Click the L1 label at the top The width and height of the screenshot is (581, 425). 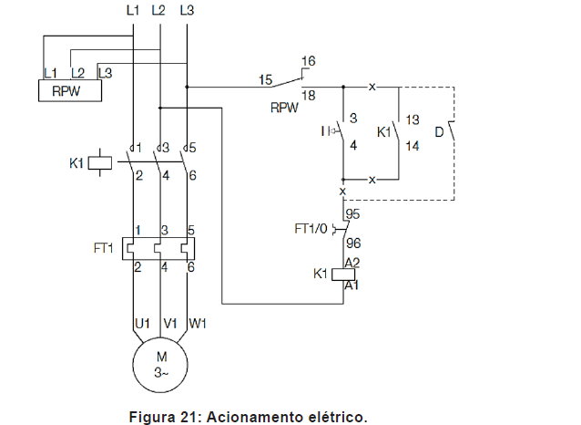click(x=133, y=11)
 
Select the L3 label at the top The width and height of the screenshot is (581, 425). click(x=188, y=11)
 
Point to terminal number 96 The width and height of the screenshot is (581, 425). click(x=352, y=244)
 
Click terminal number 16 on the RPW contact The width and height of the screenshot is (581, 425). click(x=308, y=61)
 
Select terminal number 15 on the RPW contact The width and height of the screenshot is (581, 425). click(x=265, y=80)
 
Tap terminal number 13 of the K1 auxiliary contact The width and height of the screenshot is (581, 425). click(x=413, y=119)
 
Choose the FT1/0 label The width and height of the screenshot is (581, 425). click(x=312, y=227)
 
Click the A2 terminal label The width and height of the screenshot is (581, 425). click(x=351, y=261)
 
